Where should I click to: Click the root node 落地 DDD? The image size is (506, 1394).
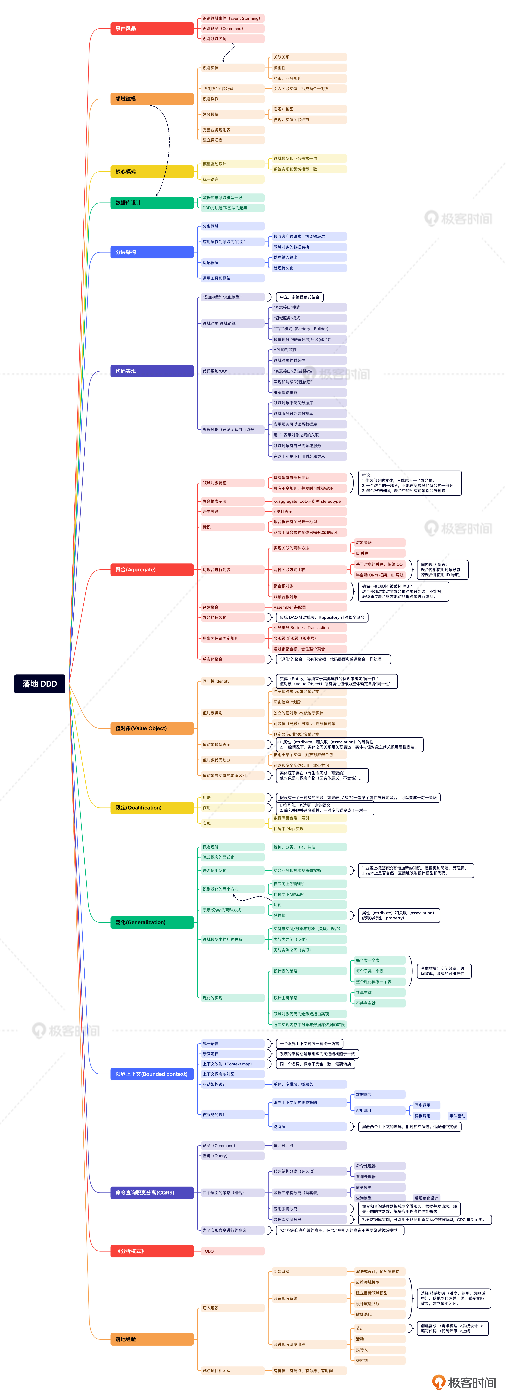tap(40, 684)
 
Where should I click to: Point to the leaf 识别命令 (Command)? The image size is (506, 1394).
tap(232, 28)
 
